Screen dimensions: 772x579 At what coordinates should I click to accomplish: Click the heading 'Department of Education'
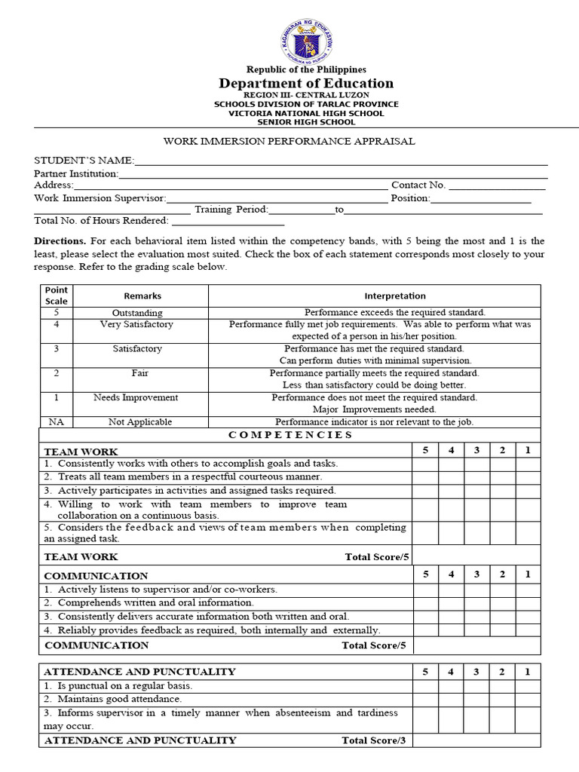coord(306,83)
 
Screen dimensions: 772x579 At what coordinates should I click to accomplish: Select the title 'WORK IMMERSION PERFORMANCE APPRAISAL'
coord(289,141)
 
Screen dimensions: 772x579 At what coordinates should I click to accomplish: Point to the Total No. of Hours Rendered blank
coord(228,221)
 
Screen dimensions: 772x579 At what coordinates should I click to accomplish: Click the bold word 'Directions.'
coord(60,241)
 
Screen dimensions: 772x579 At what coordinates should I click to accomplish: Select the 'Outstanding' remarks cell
coord(137,312)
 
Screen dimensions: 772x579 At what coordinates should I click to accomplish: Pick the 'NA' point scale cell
coord(56,422)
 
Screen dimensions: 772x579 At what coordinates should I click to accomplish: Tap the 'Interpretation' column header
coord(395,296)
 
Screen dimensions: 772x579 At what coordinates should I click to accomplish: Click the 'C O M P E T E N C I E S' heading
coord(290,435)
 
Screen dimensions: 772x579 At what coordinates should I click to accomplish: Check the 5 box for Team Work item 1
coord(425,464)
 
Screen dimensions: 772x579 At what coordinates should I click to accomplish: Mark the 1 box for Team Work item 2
coord(528,476)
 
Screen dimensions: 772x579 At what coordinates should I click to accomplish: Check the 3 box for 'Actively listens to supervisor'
coord(476,589)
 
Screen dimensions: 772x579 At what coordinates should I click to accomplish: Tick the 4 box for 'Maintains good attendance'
coord(451,699)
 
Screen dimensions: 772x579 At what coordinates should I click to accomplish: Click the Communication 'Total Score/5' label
coord(373,645)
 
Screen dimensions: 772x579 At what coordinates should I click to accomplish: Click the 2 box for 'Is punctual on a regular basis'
coord(502,686)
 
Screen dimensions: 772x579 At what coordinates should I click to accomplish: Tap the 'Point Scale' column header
coord(56,296)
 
